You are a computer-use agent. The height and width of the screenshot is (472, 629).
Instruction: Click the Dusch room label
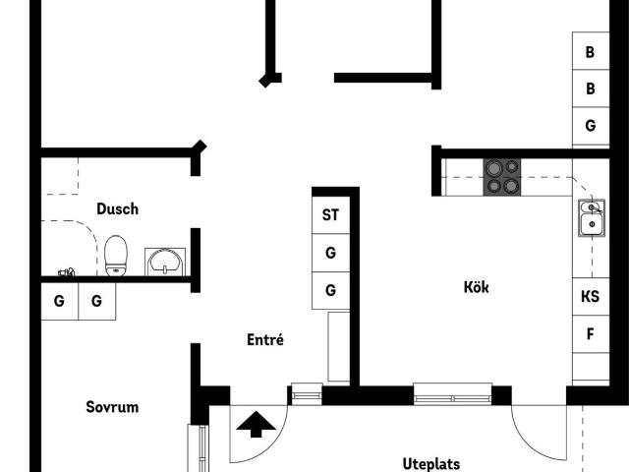tap(118, 209)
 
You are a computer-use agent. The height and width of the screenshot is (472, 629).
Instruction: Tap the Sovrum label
tap(112, 407)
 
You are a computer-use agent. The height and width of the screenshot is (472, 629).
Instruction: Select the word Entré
tap(265, 339)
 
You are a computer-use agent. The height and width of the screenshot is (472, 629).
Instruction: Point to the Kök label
tap(476, 287)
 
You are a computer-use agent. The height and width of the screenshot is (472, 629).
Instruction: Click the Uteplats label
tap(431, 464)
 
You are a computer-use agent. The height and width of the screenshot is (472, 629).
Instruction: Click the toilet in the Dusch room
tap(116, 256)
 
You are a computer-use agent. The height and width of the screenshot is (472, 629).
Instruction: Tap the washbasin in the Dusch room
tap(165, 263)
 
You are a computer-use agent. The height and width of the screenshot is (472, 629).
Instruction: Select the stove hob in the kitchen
tap(502, 177)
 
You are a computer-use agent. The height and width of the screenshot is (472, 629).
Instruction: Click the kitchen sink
tap(592, 218)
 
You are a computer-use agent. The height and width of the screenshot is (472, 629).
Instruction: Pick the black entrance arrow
tap(256, 424)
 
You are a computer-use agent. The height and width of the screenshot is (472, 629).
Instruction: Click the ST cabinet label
tap(330, 215)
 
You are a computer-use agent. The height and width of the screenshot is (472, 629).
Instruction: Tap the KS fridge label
tap(590, 297)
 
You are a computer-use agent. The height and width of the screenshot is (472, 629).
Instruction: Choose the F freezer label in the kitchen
tap(590, 334)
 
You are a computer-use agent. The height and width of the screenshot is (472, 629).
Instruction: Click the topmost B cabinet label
tap(590, 52)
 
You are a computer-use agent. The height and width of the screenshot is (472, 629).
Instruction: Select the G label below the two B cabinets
tap(590, 126)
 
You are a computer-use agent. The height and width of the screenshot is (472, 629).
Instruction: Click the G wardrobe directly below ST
tap(330, 253)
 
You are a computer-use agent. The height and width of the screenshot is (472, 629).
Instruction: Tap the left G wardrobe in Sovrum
tap(59, 301)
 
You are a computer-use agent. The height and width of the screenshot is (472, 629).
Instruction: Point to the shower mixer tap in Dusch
tap(67, 272)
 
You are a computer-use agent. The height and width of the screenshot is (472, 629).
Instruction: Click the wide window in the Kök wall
tap(452, 393)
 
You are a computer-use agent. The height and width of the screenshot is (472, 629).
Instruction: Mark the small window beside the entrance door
tap(307, 393)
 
